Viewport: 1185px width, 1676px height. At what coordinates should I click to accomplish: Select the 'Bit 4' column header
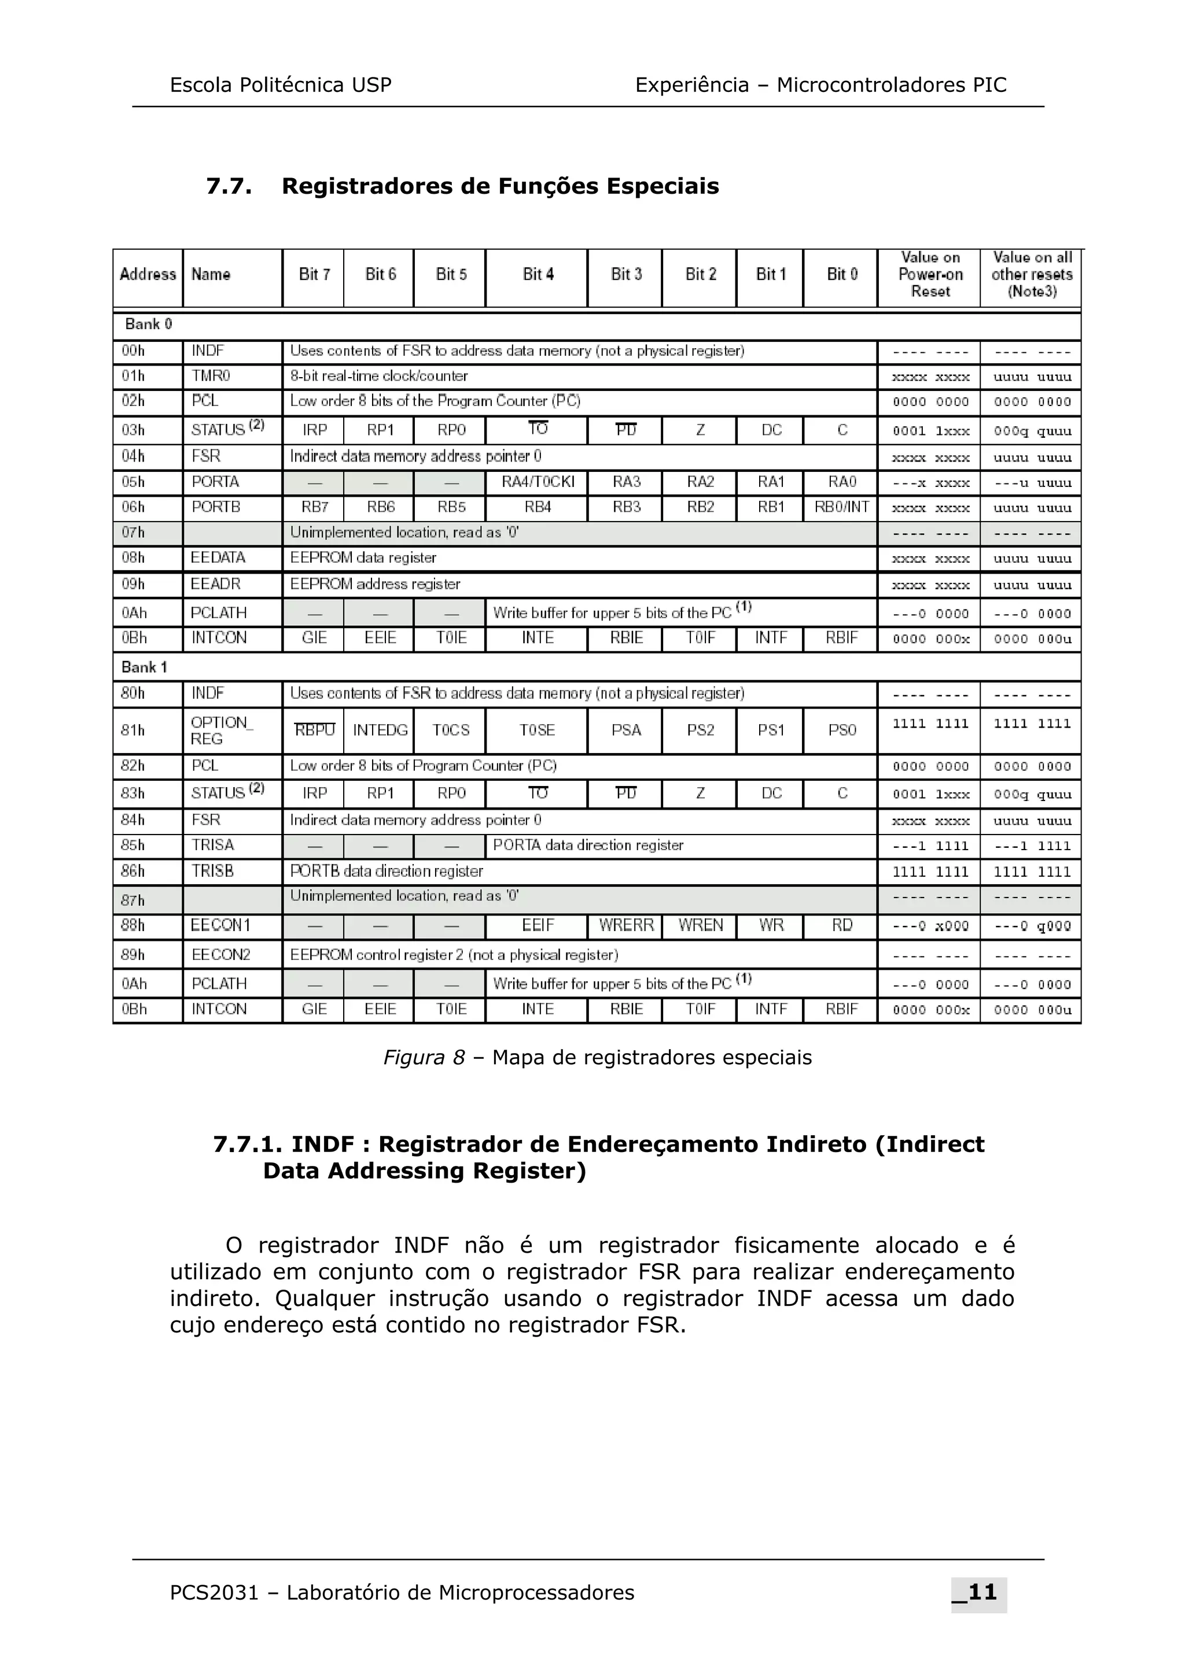coord(538,275)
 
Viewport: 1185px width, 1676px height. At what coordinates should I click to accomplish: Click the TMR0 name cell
coord(211,376)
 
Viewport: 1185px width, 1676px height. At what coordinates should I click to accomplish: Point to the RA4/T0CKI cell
coord(538,482)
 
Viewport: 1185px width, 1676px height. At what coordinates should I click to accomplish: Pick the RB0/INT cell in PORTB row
coord(841,507)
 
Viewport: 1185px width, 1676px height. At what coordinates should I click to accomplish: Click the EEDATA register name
coord(218,558)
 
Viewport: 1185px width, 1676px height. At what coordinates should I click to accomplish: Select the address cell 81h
coord(133,730)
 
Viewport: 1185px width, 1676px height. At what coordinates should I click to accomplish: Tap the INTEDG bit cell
coord(380,730)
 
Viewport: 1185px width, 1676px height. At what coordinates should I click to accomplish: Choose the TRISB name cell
coord(212,871)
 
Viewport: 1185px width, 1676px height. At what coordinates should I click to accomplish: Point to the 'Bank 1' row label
coord(144,667)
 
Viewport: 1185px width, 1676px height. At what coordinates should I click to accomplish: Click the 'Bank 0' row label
coord(148,324)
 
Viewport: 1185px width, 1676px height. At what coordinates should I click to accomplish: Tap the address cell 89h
coord(133,955)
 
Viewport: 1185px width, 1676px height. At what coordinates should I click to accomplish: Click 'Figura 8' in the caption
coord(424,1058)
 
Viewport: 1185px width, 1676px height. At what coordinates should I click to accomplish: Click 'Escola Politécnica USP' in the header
coord(281,86)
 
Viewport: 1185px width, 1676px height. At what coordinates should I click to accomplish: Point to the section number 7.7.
coord(229,186)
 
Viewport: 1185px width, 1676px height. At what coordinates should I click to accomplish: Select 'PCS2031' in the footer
coord(214,1593)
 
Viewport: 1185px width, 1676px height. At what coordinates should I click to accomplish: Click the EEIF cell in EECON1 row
coord(538,925)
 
